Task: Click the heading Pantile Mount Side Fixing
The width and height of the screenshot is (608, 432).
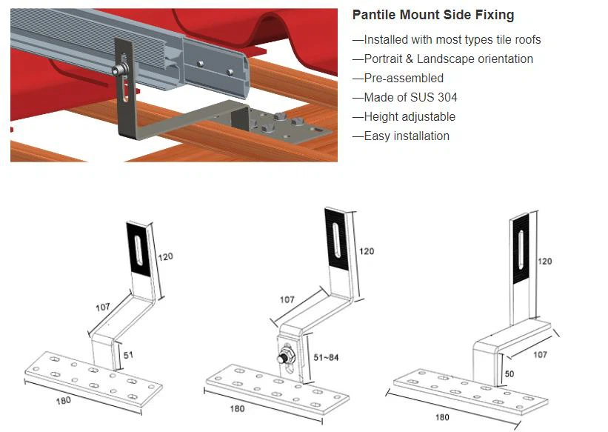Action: (432, 15)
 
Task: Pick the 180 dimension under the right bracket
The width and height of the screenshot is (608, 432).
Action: (441, 416)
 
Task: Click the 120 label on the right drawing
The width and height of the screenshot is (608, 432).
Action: (545, 262)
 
